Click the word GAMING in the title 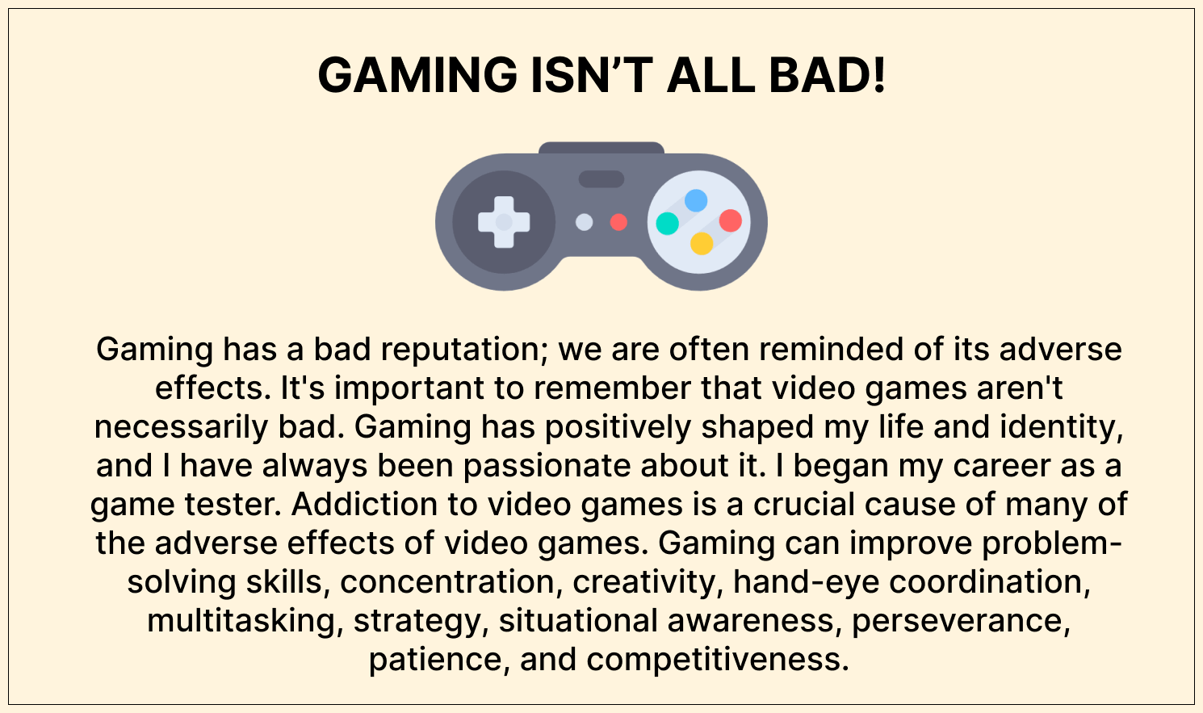point(417,75)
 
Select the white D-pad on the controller point(504,222)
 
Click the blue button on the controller point(696,200)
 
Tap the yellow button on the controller point(702,243)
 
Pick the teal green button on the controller point(668,223)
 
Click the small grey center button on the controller point(584,222)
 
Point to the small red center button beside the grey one point(618,222)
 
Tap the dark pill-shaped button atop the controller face point(601,179)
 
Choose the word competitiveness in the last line point(718,660)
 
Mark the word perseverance point(961,621)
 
